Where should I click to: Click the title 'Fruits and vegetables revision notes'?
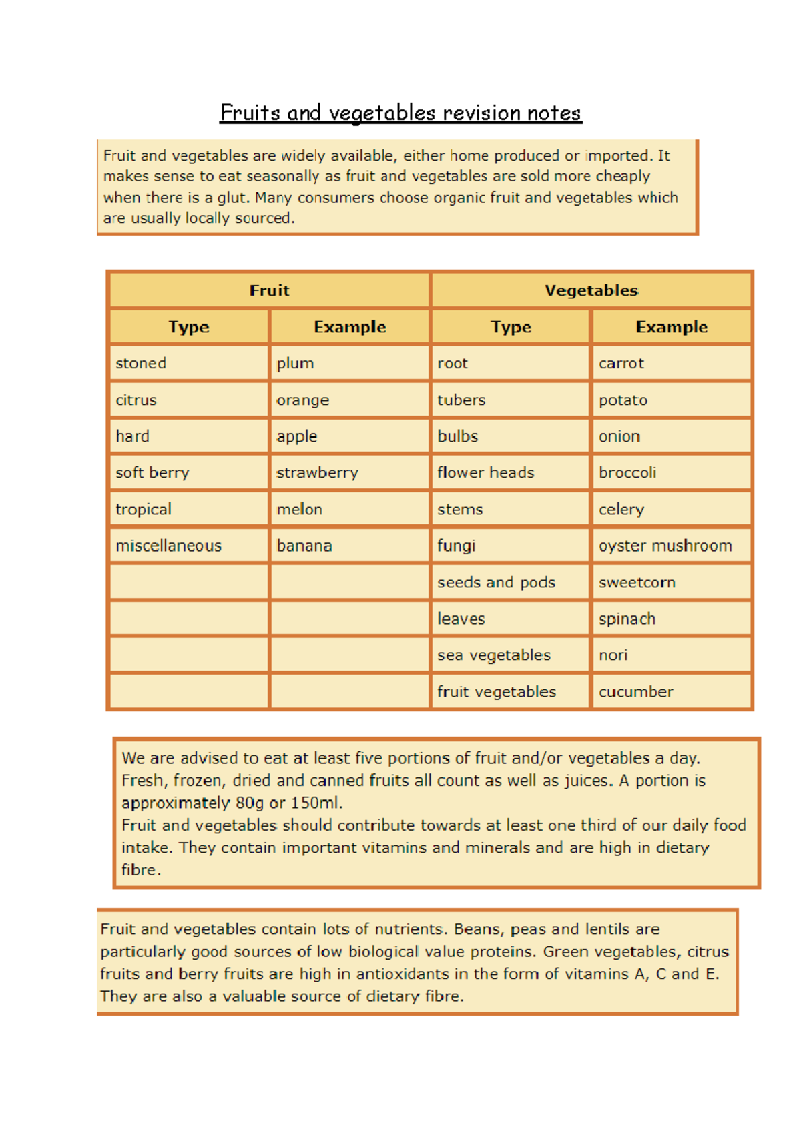coord(400,113)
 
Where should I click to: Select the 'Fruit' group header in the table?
coord(269,290)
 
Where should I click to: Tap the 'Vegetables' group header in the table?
coord(591,290)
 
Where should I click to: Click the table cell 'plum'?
coord(295,364)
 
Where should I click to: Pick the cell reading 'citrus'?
coord(136,400)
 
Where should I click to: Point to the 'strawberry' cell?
coord(318,473)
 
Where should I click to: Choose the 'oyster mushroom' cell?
coord(665,546)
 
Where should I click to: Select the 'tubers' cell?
coord(461,400)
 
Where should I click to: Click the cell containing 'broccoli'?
coord(627,473)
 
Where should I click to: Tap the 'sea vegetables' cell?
coord(494,655)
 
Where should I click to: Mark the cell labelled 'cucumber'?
coord(635,692)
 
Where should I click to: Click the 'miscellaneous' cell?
coord(168,546)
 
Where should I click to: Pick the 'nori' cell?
coord(613,655)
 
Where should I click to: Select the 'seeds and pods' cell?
coord(496,583)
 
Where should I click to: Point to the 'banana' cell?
coord(304,546)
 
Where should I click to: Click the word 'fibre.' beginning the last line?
coord(141,870)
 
